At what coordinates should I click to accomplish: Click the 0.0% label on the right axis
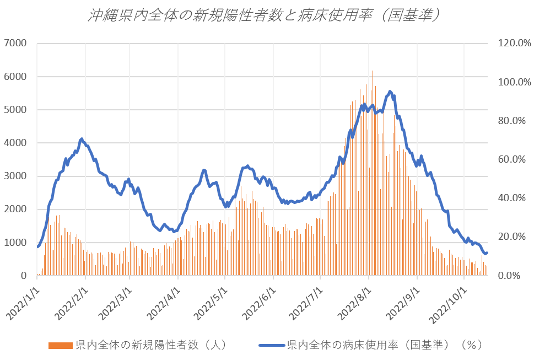514,276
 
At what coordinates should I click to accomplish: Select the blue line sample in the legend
271,346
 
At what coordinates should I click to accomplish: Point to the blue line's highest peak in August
390,92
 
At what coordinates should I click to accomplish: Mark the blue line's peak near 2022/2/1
82,139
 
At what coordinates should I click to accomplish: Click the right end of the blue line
487,252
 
